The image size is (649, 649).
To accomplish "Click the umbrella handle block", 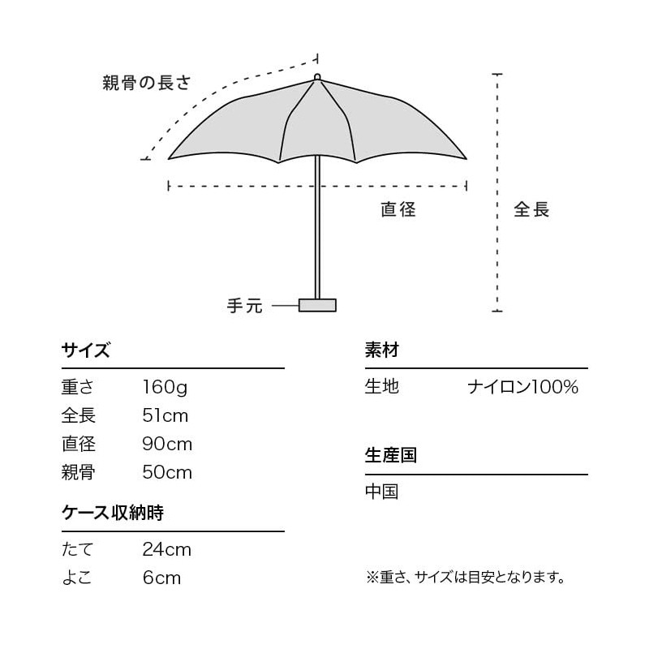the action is (317, 305).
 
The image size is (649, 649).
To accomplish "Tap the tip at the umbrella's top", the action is (317, 78).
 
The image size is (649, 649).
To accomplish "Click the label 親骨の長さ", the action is (146, 82).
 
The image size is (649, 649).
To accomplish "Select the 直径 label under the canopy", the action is (398, 209).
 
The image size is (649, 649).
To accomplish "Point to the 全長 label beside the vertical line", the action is (531, 209).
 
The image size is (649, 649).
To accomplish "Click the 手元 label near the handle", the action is (245, 306).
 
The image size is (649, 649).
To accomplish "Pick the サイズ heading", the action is (85, 351).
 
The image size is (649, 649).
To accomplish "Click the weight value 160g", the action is (165, 387).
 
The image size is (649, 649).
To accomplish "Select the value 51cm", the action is (165, 416).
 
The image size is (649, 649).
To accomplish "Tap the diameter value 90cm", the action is (167, 445).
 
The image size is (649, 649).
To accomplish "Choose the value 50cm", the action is (167, 472).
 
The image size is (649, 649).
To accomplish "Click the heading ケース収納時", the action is (113, 514).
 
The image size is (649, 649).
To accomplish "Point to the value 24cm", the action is (167, 549).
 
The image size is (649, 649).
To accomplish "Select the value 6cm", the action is (161, 578).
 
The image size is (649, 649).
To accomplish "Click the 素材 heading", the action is (381, 351).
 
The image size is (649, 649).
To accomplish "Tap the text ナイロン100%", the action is (522, 387).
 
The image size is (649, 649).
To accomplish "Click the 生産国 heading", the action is (390, 455).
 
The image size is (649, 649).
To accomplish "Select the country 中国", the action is (381, 492).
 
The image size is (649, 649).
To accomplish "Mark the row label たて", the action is (78, 549).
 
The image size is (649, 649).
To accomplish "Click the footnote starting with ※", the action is (466, 578).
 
